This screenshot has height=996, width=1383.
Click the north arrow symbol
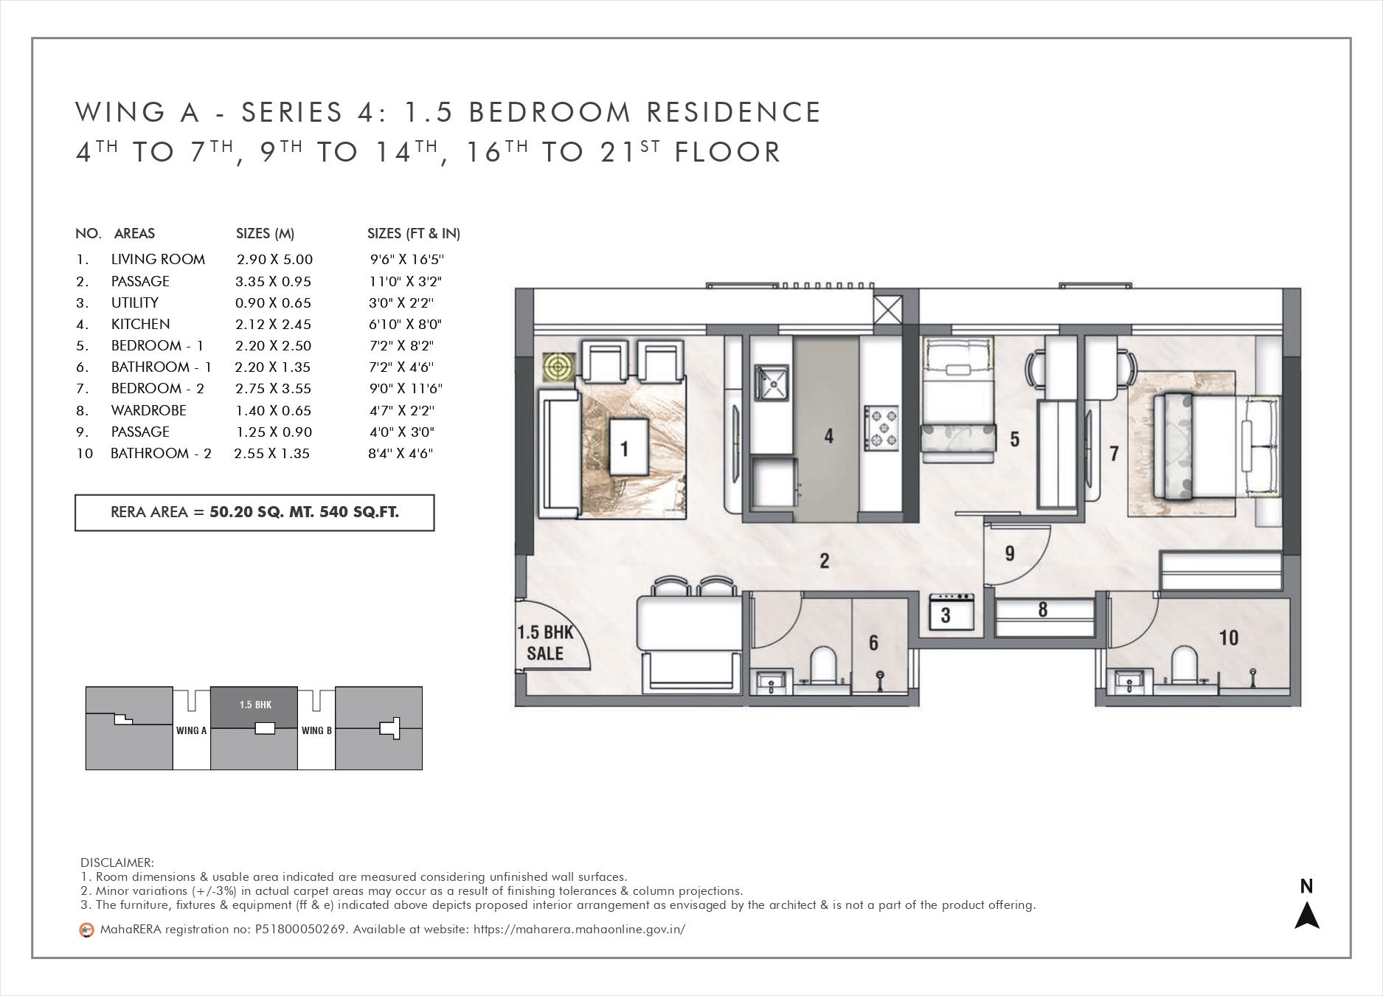1307,915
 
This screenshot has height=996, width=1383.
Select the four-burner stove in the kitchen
881,427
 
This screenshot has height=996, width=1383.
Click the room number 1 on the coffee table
625,448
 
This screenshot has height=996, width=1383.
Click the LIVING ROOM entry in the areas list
158,259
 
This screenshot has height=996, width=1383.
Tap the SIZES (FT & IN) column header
414,234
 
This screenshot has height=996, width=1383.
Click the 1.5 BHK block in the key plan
254,708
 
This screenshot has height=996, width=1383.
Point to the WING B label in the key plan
317,730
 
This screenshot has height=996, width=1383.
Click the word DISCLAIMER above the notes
117,862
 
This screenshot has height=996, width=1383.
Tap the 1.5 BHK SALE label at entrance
544,643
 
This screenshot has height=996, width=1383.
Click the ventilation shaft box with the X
887,308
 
